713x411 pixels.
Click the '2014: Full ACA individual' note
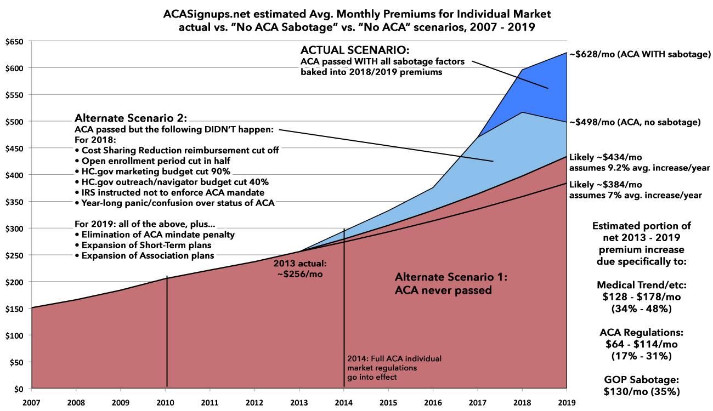click(x=394, y=358)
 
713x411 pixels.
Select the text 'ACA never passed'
click(x=443, y=290)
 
